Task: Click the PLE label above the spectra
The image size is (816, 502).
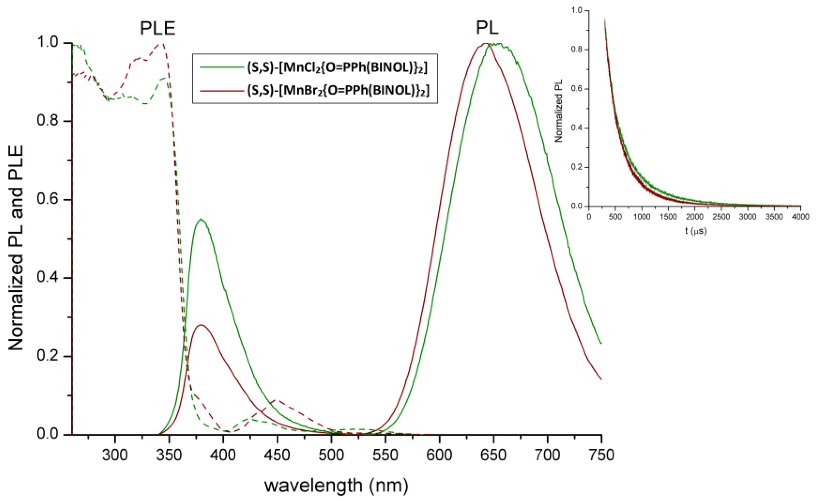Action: click(158, 28)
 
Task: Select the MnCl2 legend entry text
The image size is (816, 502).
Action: click(337, 67)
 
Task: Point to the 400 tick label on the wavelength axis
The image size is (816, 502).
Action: click(223, 454)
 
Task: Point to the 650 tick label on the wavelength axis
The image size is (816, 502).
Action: click(493, 454)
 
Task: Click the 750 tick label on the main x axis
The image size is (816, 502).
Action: click(601, 454)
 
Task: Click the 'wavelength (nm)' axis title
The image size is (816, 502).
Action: click(336, 485)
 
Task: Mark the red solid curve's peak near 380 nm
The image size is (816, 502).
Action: click(201, 325)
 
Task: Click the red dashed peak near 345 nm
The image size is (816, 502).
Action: click(162, 43)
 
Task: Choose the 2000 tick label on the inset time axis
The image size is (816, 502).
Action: click(695, 217)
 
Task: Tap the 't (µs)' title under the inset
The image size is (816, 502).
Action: click(696, 231)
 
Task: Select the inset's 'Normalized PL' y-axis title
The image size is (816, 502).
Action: click(559, 110)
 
